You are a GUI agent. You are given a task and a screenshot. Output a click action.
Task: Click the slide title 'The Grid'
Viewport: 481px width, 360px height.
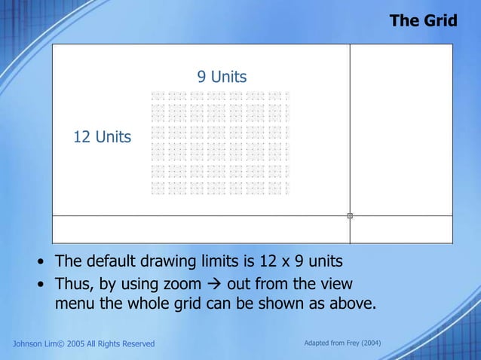coord(423,20)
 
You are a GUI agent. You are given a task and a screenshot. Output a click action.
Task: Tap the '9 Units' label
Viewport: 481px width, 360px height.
coord(222,77)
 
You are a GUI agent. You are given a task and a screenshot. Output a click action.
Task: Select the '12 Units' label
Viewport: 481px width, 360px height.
coord(102,137)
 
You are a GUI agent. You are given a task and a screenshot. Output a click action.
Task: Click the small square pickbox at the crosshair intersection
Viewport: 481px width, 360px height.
coord(350,216)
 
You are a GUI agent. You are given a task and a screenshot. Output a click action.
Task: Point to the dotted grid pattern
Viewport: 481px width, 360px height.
coord(220,143)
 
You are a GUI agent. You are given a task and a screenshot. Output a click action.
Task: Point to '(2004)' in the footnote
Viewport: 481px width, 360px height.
coord(369,343)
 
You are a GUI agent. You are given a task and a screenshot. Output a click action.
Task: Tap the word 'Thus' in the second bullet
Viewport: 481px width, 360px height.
coord(73,285)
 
